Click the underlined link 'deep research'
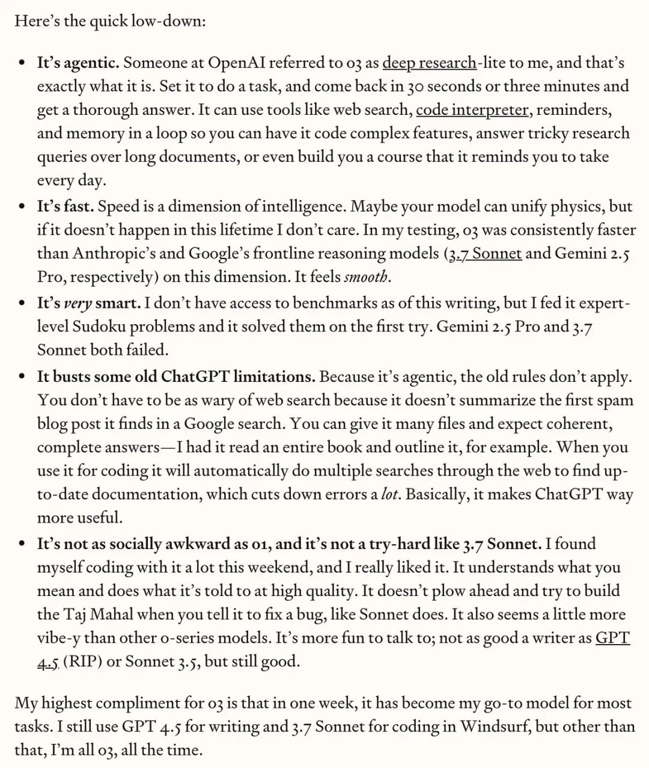coord(429,63)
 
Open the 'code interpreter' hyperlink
coord(472,110)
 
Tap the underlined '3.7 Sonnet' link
coord(486,253)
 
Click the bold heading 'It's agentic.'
coord(78,63)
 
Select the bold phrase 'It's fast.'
coord(66,207)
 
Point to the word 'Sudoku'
coord(99,327)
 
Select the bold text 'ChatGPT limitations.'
coord(238,377)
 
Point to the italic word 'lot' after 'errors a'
coord(389,494)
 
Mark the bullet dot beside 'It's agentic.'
coord(22,63)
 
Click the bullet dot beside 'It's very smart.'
coord(22,304)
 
